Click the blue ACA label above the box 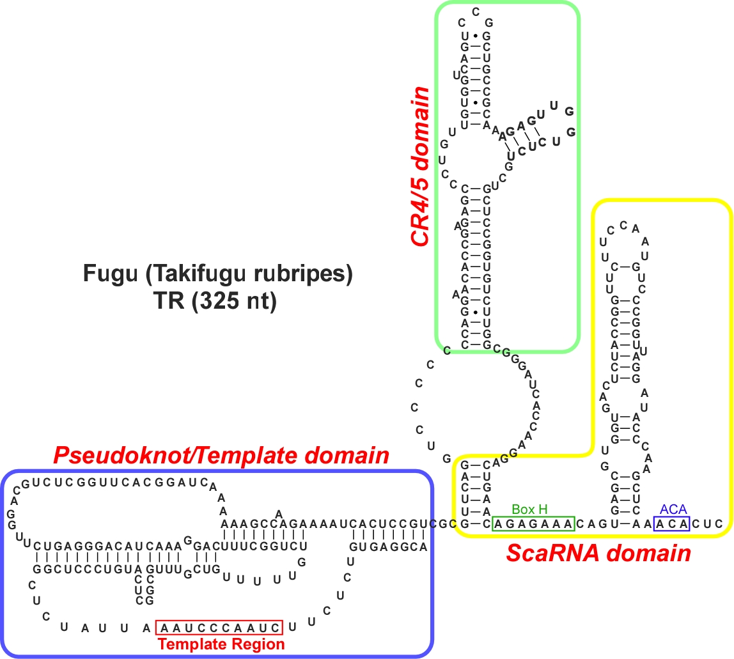[x=670, y=509]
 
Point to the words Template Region [x=221, y=644]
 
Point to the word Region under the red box [x=259, y=644]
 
